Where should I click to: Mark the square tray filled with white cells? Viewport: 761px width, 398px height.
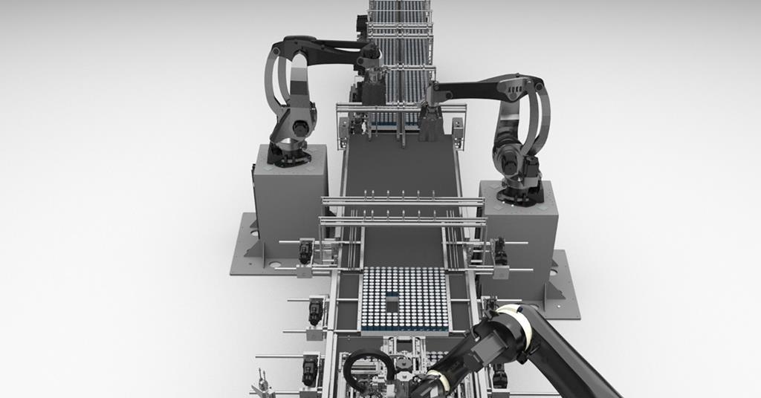coord(404,297)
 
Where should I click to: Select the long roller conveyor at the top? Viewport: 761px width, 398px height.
coord(400,37)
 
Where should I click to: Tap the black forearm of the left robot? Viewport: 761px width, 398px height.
coord(327,46)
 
